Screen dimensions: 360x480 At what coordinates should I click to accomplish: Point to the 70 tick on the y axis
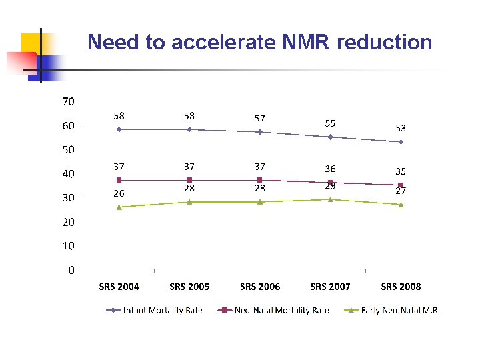point(69,102)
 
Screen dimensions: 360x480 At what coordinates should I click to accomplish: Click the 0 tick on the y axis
point(71,270)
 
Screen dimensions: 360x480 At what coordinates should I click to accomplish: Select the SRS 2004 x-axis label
point(119,287)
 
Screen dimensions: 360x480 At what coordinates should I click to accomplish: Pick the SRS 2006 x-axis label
point(260,287)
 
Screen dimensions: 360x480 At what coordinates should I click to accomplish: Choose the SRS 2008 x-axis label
point(401,287)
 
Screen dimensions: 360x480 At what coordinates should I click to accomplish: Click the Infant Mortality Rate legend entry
point(163,310)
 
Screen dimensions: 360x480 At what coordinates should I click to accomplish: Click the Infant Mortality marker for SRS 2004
point(119,129)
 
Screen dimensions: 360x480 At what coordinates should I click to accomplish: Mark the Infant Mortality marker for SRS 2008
point(401,142)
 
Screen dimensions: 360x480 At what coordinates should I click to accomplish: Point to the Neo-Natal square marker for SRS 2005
point(189,180)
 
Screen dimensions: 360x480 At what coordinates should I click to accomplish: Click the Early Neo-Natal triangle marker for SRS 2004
point(119,207)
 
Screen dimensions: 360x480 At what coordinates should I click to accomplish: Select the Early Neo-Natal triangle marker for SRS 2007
point(331,199)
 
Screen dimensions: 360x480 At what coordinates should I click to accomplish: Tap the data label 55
point(331,123)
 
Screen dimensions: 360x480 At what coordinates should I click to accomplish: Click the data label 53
point(401,128)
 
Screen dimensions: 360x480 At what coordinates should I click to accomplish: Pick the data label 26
point(119,193)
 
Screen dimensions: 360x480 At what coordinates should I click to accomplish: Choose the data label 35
point(401,171)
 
